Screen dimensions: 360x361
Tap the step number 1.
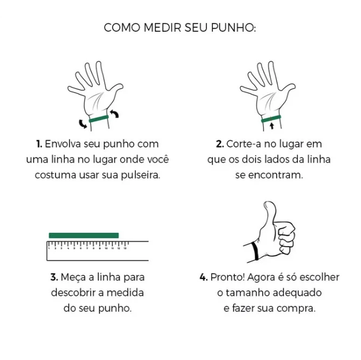(x=39, y=144)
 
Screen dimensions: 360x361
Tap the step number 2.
(x=219, y=144)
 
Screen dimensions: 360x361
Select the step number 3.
(x=53, y=277)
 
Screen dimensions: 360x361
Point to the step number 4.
(x=203, y=277)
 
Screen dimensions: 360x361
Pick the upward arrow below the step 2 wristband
(x=271, y=126)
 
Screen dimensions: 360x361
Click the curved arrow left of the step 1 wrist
(x=83, y=123)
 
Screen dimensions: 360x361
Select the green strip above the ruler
(x=83, y=235)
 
